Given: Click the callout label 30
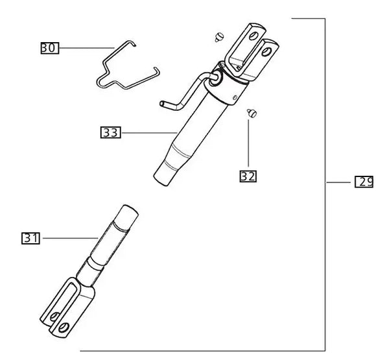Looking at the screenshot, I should click(50, 47).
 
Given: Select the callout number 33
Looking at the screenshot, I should click(110, 133).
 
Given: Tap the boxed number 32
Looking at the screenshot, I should click(248, 175).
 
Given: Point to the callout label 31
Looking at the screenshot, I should click(30, 238).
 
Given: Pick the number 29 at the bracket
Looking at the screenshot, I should click(364, 182).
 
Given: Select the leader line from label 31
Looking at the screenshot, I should click(68, 238).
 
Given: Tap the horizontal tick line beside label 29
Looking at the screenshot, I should click(337, 182).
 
